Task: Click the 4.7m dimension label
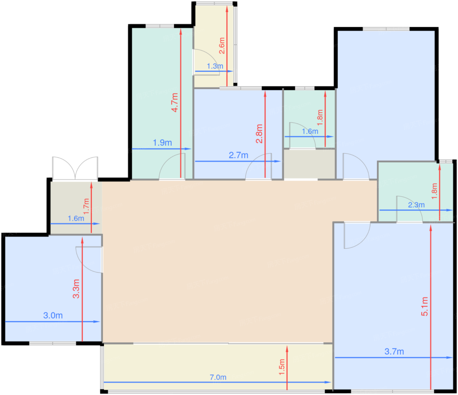[x=175, y=103]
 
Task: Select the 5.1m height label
[x=425, y=306]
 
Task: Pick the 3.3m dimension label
[x=76, y=289]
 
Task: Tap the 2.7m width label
[x=238, y=155]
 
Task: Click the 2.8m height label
[x=259, y=134]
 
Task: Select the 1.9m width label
[x=162, y=143]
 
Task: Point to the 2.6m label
[x=222, y=46]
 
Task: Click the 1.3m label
[x=215, y=66]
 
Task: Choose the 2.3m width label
[x=416, y=205]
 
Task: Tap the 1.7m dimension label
[x=86, y=206]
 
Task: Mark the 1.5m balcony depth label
[x=282, y=367]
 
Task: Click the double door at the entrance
[x=75, y=168]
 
